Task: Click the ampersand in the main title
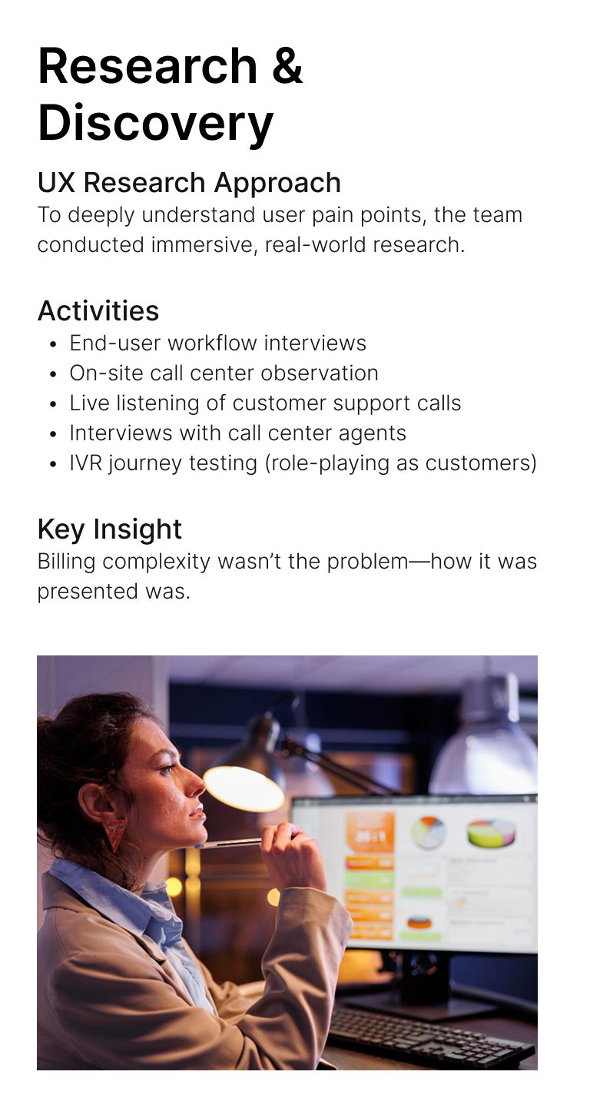click(287, 66)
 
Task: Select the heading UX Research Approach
click(189, 183)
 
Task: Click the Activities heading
click(98, 310)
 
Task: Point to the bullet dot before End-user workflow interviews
click(54, 343)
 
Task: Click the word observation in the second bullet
click(320, 373)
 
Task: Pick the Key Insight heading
click(109, 529)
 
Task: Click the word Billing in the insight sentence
click(66, 562)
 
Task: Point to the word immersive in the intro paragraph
click(204, 245)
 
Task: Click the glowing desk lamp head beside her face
click(244, 788)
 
